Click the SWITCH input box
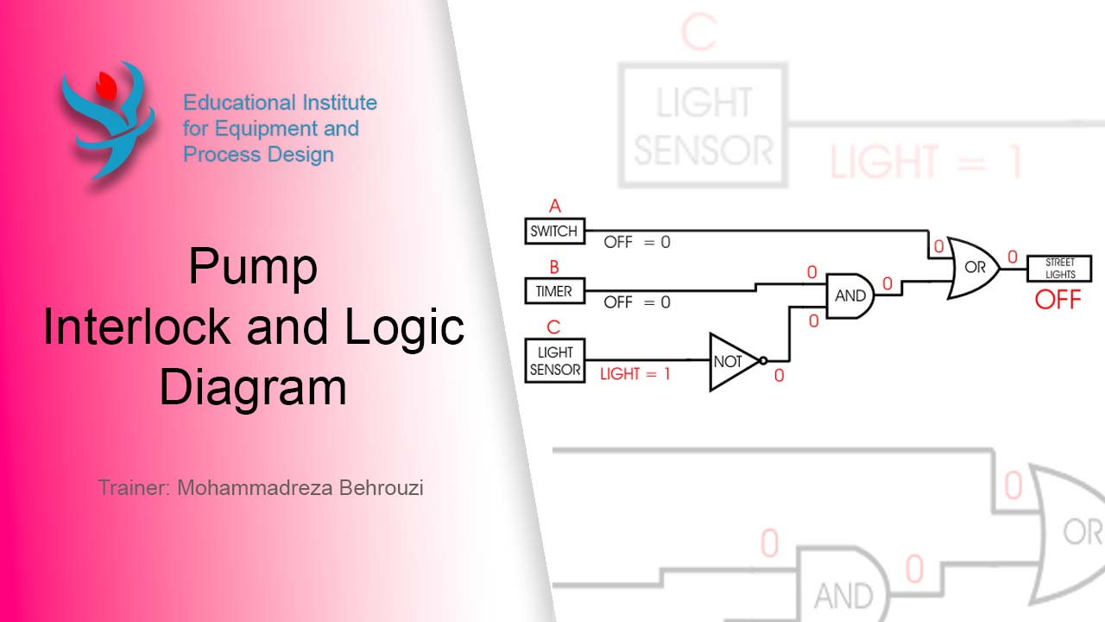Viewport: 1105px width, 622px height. pos(555,232)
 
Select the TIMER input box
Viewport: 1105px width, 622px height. pos(554,291)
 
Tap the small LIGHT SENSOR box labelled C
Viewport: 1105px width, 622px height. pos(555,361)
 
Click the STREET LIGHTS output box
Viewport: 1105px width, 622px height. pos(1059,269)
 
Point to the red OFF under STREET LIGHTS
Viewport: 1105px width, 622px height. pos(1058,301)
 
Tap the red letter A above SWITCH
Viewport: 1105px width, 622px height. pos(555,206)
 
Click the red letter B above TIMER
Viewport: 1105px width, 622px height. pos(554,267)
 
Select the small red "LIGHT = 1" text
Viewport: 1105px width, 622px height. pos(635,374)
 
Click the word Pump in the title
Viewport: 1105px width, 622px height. pos(253,268)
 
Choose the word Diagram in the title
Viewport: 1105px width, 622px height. pos(253,387)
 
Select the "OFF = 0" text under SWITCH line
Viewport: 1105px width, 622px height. pos(636,242)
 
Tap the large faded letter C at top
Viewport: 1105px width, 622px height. pos(699,32)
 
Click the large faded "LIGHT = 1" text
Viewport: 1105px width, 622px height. pos(926,162)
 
